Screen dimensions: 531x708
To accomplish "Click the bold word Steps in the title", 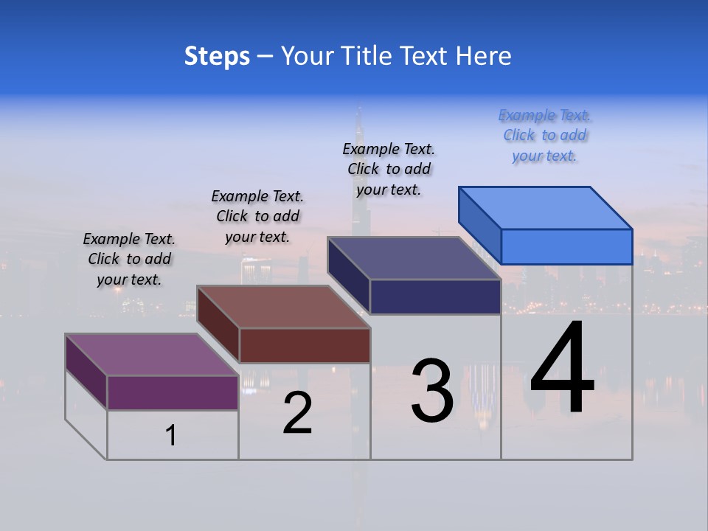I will click(217, 56).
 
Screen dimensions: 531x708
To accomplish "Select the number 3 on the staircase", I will click(432, 391).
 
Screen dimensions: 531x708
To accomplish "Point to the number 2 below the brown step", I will click(298, 413).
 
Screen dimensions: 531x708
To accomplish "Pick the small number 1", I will click(171, 436).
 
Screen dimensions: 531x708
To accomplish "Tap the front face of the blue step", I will click(566, 246).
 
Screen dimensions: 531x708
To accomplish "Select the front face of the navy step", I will click(435, 296).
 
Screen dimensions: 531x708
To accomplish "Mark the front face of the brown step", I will click(305, 345).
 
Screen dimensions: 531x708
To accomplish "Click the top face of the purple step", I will click(152, 355).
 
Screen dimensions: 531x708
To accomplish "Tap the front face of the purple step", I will click(173, 392).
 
